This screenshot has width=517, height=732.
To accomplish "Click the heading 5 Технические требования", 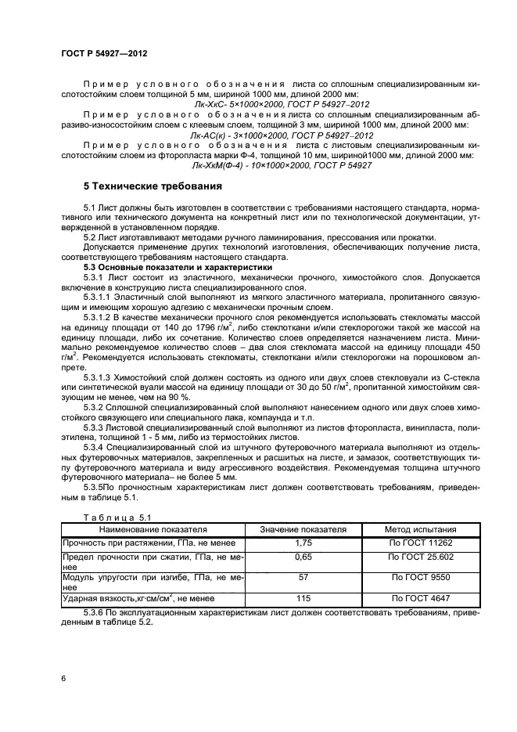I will pyautogui.click(x=141, y=187).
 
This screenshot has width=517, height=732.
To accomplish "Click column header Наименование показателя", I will pyautogui.click(x=153, y=529).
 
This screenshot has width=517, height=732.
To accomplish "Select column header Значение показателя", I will pyautogui.click(x=303, y=529).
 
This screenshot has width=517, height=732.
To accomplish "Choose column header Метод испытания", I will pyautogui.click(x=420, y=529).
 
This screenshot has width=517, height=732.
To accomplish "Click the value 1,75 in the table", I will pyautogui.click(x=303, y=543).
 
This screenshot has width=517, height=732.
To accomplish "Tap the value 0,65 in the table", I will pyautogui.click(x=303, y=557).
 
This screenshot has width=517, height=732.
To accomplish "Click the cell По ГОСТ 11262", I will pyautogui.click(x=420, y=543).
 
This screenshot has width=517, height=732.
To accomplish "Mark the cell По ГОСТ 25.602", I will pyautogui.click(x=420, y=557).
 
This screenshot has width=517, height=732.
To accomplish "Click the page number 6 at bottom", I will pyautogui.click(x=63, y=679).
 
